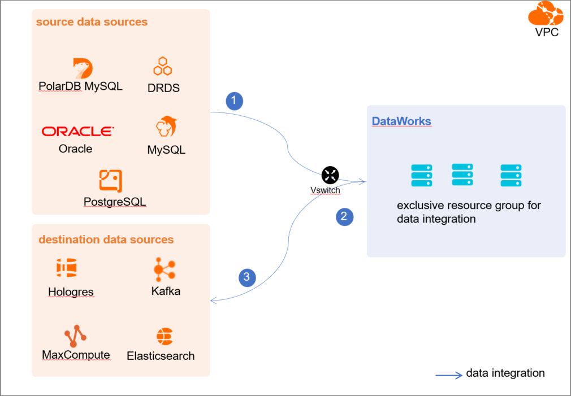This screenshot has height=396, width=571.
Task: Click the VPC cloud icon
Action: click(x=546, y=14)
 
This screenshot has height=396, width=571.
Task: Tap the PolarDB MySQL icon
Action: click(x=83, y=68)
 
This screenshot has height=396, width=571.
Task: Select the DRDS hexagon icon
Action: click(x=163, y=67)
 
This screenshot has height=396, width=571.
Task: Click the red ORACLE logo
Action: click(x=77, y=131)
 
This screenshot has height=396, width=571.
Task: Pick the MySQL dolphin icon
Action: click(x=166, y=127)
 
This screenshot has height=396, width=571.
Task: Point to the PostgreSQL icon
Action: click(x=110, y=181)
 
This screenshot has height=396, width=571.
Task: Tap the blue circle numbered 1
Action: click(x=234, y=101)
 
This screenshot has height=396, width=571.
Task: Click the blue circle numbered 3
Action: click(x=246, y=277)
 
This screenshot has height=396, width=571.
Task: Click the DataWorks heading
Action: click(x=401, y=121)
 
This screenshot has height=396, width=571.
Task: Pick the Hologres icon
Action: click(x=66, y=268)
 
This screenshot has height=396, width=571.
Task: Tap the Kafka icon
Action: click(x=165, y=270)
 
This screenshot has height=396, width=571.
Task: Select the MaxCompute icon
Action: click(x=75, y=336)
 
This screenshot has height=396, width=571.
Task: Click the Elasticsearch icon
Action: click(x=164, y=337)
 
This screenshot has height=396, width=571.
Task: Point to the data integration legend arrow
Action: click(x=449, y=374)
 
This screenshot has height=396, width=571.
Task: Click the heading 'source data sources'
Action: click(x=92, y=22)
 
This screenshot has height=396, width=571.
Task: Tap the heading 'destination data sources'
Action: click(x=106, y=240)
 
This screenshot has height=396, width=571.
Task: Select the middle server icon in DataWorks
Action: click(x=462, y=175)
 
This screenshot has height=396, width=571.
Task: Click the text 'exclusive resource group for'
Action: click(x=469, y=205)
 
